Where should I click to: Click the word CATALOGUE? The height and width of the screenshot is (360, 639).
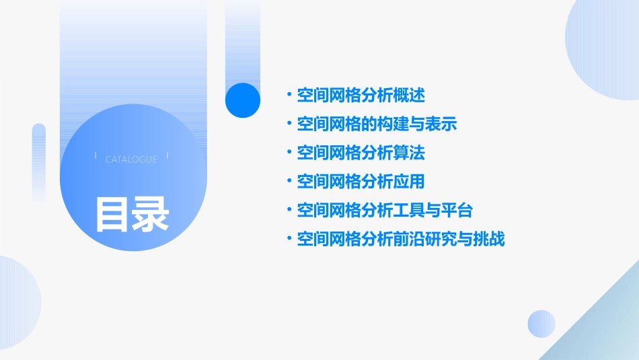pyautogui.click(x=131, y=159)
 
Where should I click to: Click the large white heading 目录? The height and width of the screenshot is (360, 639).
pyautogui.click(x=131, y=213)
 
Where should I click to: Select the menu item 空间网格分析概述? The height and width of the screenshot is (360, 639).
pyautogui.click(x=361, y=96)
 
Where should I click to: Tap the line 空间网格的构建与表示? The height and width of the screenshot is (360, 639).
pyautogui.click(x=377, y=124)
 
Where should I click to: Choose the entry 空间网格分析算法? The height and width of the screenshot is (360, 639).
pyautogui.click(x=361, y=153)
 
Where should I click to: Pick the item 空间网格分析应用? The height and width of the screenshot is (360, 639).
pyautogui.click(x=361, y=182)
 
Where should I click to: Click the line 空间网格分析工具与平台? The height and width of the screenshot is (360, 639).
pyautogui.click(x=385, y=211)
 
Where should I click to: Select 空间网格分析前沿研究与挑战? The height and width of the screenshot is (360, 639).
pyautogui.click(x=401, y=239)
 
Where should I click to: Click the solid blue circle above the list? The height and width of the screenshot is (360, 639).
pyautogui.click(x=242, y=100)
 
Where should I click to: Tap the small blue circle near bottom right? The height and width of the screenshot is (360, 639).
pyautogui.click(x=541, y=324)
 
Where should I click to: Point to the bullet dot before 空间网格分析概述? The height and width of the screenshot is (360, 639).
pyautogui.click(x=289, y=96)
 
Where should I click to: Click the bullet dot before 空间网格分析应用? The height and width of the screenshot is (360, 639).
pyautogui.click(x=289, y=182)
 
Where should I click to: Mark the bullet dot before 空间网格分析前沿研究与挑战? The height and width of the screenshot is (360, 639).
pyautogui.click(x=289, y=239)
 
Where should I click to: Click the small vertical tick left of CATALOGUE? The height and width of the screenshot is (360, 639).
pyautogui.click(x=96, y=157)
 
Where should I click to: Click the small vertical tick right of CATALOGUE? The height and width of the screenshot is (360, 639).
pyautogui.click(x=167, y=157)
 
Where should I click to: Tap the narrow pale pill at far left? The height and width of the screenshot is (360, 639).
pyautogui.click(x=38, y=161)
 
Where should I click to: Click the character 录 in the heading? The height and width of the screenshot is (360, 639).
pyautogui.click(x=151, y=213)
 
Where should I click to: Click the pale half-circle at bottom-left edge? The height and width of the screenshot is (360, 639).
pyautogui.click(x=17, y=303)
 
